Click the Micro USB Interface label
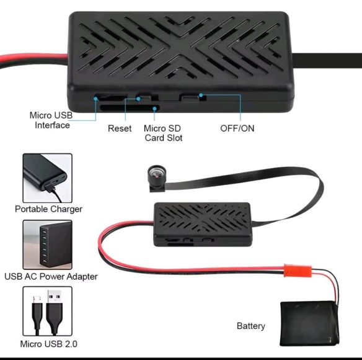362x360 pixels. [x=51, y=120]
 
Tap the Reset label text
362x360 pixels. [x=120, y=128]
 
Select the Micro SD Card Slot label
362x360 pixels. [x=163, y=133]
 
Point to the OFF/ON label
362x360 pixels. [x=237, y=128]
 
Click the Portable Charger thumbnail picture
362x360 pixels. [x=47, y=178]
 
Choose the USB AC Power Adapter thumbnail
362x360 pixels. [x=47, y=245]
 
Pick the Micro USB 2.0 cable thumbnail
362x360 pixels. [x=47, y=311]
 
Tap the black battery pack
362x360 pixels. [x=309, y=324]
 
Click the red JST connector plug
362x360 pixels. [x=298, y=271]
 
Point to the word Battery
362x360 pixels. [x=250, y=326]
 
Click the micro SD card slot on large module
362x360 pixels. [x=130, y=108]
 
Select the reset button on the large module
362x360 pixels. [x=145, y=97]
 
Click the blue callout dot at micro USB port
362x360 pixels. [x=95, y=99]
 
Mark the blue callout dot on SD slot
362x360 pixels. [x=155, y=109]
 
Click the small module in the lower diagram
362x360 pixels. [x=203, y=224]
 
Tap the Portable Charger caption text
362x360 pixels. [x=48, y=209]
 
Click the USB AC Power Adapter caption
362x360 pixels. [x=51, y=277]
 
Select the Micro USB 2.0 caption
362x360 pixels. [x=48, y=344]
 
